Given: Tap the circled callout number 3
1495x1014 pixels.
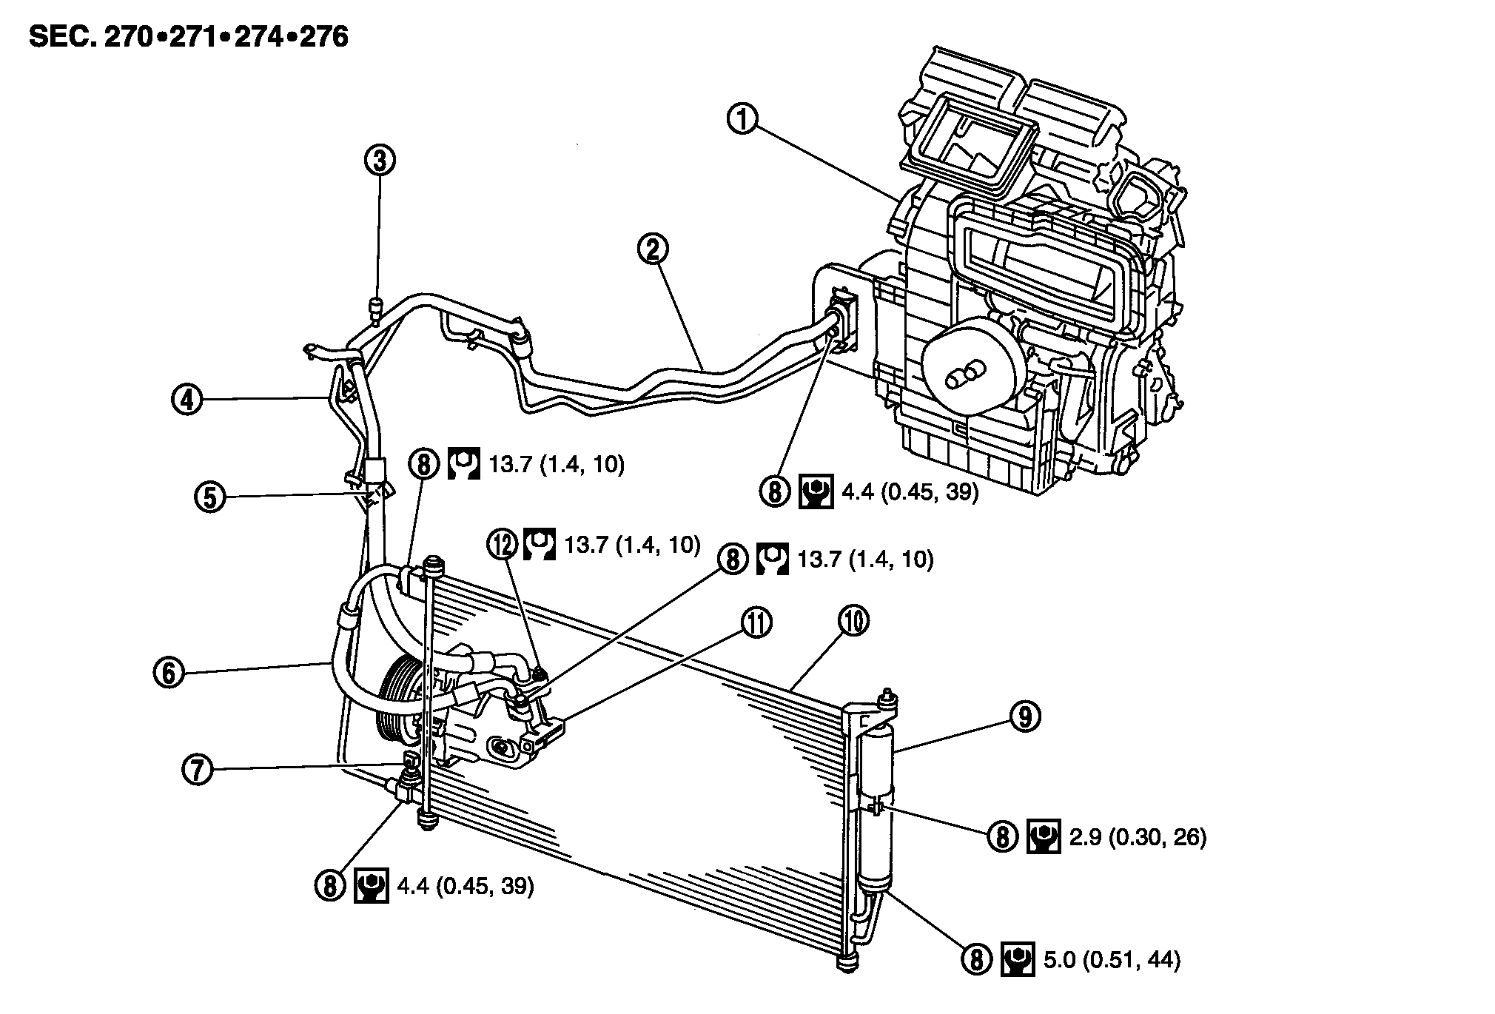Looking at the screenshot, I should [x=380, y=160].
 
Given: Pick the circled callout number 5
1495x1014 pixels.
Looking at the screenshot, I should [x=210, y=497].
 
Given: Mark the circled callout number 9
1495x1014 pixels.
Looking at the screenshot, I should [x=1024, y=716].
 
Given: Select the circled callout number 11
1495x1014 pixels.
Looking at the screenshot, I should [x=756, y=623].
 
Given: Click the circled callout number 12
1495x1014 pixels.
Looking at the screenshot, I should [x=503, y=545].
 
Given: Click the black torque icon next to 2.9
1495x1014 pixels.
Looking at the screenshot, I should [x=1044, y=837].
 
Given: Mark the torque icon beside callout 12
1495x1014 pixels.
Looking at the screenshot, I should [x=540, y=545].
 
